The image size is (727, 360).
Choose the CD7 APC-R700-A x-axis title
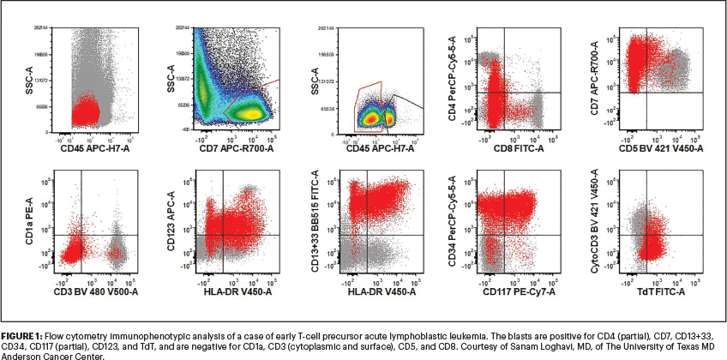(x=238, y=148)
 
